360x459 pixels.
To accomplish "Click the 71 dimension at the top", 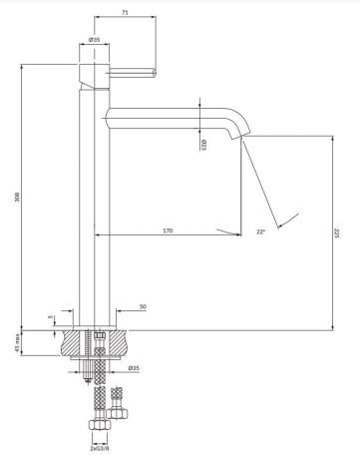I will pos(125,11).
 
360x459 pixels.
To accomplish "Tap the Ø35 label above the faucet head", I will pos(94,39).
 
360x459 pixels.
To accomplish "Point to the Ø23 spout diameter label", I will pos(204,144).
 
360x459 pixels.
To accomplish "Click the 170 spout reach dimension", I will pos(168,230).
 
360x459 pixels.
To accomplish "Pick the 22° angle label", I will pos(260,230).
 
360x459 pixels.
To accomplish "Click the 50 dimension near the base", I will pos(143,305).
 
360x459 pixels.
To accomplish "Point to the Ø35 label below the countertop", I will pos(134,369).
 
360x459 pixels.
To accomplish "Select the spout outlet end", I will pos(239,141).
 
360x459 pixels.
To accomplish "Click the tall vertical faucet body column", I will pos(87,200).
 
